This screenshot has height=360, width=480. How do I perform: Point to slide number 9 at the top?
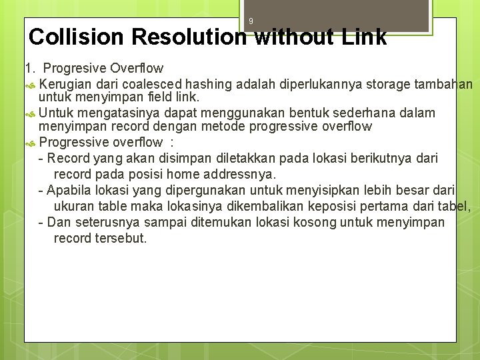click(x=251, y=21)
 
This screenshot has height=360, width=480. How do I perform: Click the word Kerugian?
click(x=65, y=85)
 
